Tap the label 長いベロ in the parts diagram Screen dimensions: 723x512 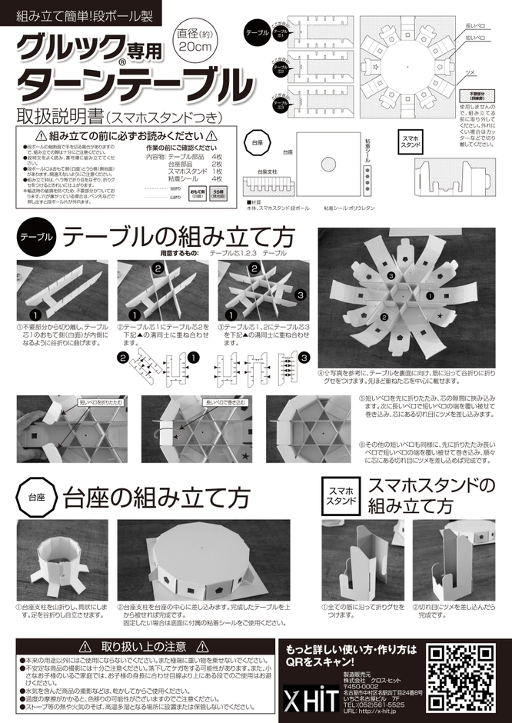coord(476,25)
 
